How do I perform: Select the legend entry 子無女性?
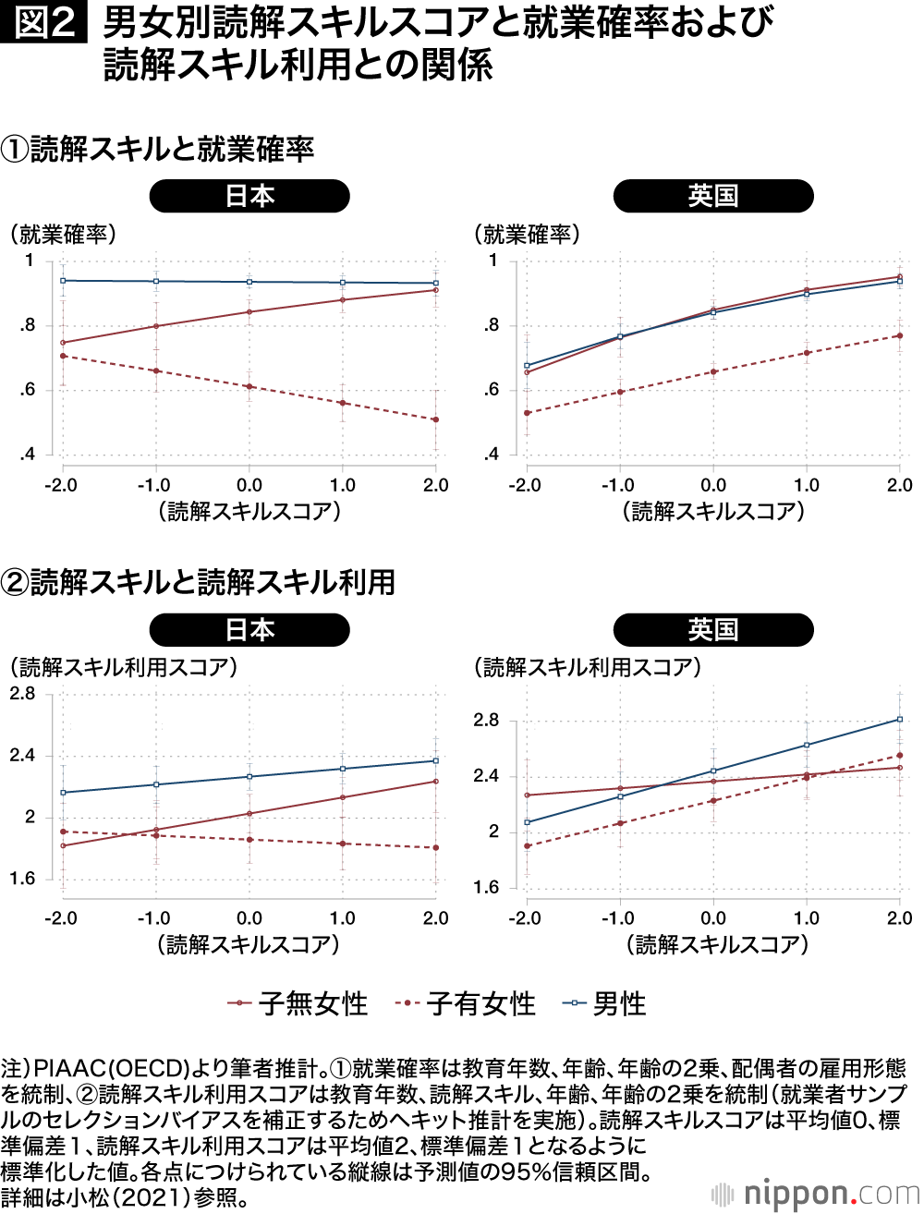[298, 1003]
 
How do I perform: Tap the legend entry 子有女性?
[466, 1003]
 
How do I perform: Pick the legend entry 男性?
[605, 1003]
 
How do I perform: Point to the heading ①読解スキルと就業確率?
[158, 149]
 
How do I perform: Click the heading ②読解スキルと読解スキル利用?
[199, 582]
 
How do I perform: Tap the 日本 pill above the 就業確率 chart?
[249, 196]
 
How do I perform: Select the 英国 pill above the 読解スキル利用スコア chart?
[713, 630]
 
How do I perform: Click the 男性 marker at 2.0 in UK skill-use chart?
[900, 719]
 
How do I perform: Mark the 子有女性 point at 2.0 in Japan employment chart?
[436, 419]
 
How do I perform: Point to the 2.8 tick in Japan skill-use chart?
[23, 694]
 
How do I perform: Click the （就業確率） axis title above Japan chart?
[64, 235]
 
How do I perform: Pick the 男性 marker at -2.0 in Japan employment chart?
[63, 280]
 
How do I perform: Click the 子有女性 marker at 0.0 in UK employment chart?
[713, 372]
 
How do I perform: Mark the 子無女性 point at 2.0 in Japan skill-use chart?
[436, 782]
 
